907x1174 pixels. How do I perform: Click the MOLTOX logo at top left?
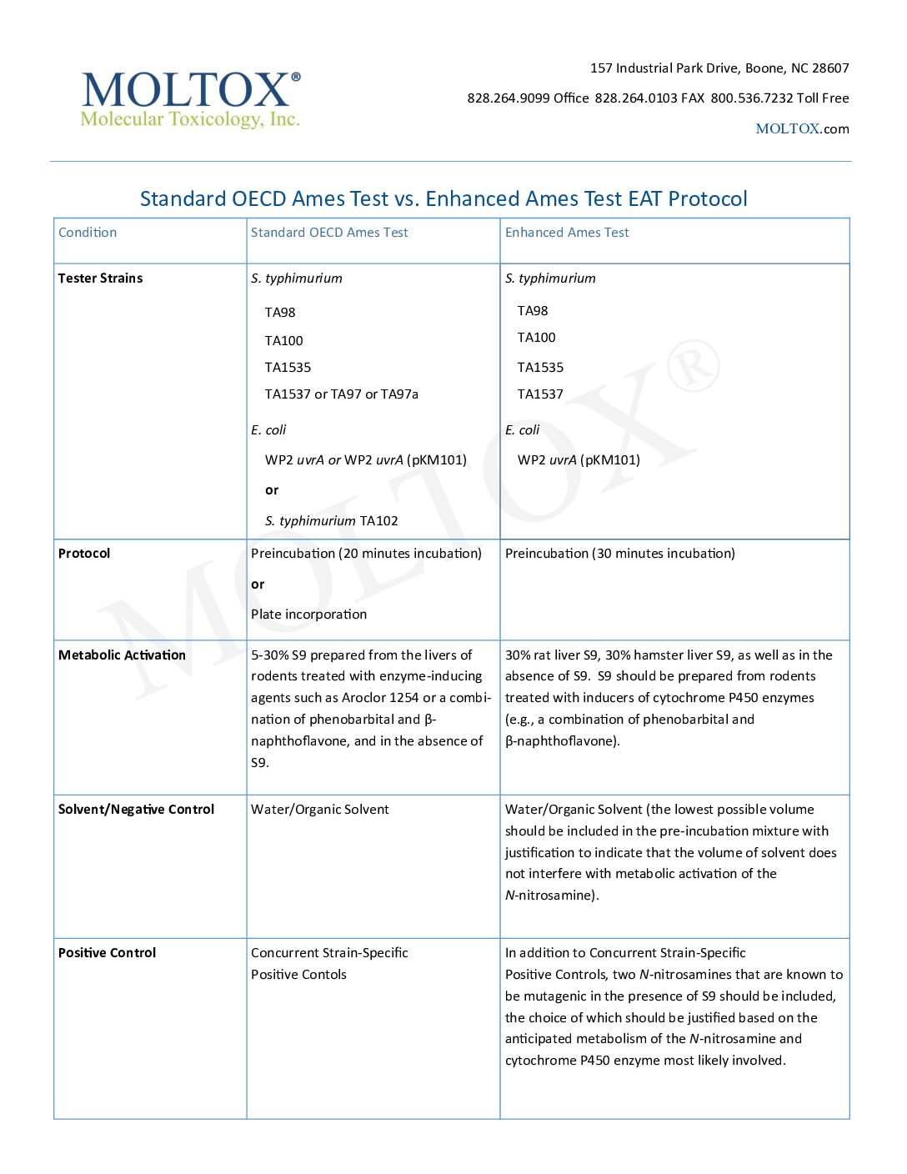coord(191,99)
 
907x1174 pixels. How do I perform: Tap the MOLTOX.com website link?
coord(802,128)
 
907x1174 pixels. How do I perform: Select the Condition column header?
coord(88,233)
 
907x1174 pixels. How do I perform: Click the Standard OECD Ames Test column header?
coord(329,233)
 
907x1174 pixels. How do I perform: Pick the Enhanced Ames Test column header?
coord(567,233)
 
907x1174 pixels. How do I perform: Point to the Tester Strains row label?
coord(100,278)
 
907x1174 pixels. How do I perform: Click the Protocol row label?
coord(84,554)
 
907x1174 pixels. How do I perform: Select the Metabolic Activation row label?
coord(122,655)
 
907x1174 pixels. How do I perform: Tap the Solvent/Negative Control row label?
coord(136,810)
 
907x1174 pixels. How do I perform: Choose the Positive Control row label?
coord(107,953)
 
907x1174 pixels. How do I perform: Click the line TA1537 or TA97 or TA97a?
coord(342,394)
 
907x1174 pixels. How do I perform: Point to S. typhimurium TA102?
coord(332,521)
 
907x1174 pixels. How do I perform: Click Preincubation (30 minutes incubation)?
coord(620,554)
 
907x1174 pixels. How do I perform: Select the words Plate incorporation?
coord(308,615)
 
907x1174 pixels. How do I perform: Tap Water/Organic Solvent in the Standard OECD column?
coord(320,810)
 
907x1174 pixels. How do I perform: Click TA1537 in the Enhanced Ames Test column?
coord(540,394)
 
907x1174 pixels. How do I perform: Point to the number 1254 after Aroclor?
coord(403,698)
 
